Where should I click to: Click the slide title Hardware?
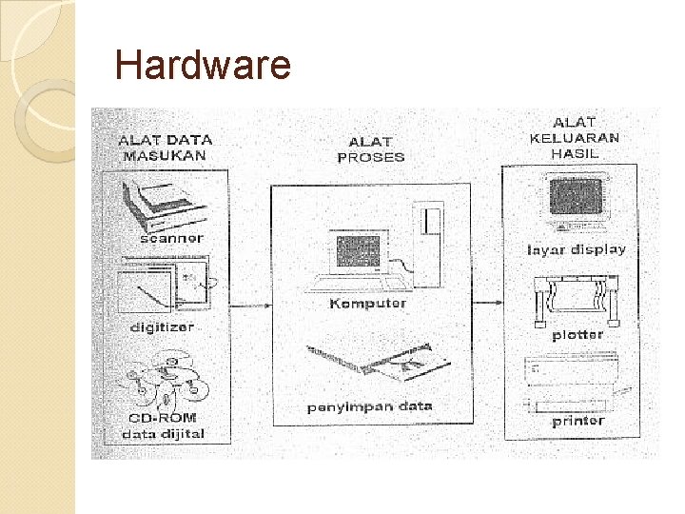202,66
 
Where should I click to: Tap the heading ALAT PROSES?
371,150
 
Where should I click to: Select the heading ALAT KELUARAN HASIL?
574,137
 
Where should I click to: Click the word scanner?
171,238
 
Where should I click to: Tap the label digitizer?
162,326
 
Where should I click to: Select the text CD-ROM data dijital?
164,426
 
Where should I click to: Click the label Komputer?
367,304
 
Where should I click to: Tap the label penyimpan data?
369,406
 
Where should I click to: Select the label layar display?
576,249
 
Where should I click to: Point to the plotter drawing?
576,296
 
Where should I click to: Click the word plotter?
577,335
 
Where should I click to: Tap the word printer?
577,420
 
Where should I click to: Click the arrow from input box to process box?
250,305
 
